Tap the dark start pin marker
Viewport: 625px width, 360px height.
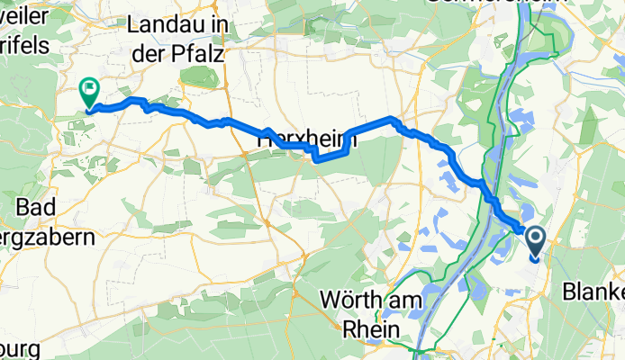[535, 240]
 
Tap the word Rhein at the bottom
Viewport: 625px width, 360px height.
[372, 328]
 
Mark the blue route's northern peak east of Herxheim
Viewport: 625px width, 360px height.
[391, 118]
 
